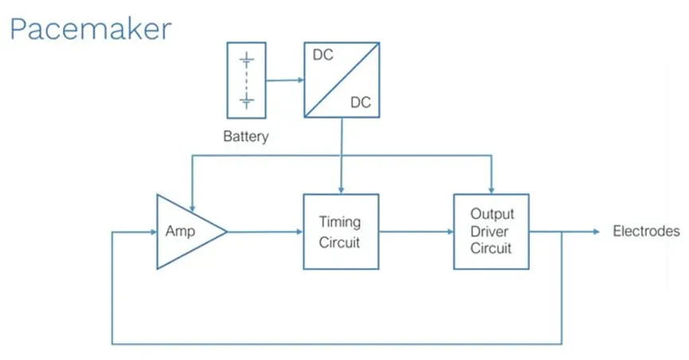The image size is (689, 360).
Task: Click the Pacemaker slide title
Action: [x=89, y=29]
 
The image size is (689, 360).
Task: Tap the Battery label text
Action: [x=245, y=137]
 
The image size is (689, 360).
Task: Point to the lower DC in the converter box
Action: [x=361, y=103]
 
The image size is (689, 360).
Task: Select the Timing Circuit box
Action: [x=340, y=231]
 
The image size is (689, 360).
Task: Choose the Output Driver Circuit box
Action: [x=491, y=231]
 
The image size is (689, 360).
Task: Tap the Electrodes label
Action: [x=646, y=232]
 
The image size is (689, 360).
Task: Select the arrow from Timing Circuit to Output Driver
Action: [x=415, y=232]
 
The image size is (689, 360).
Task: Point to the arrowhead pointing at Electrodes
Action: [x=595, y=232]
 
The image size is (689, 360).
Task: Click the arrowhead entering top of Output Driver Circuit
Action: [x=491, y=189]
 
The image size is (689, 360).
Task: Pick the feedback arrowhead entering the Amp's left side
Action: [x=151, y=232]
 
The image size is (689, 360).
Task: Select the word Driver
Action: [x=491, y=231]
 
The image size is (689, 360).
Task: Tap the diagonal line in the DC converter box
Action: [x=341, y=80]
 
